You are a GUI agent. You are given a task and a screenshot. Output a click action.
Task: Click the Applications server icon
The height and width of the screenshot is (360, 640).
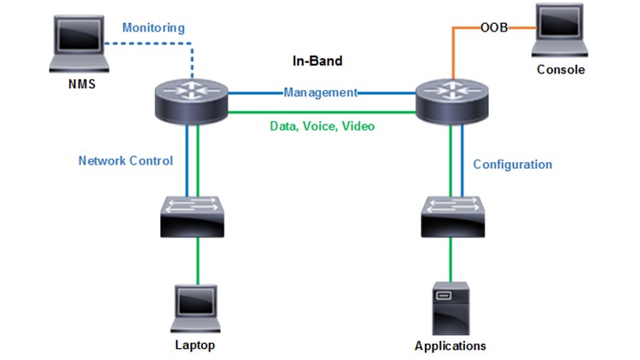(450, 308)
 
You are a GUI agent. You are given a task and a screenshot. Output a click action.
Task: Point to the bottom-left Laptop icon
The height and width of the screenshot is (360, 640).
(195, 309)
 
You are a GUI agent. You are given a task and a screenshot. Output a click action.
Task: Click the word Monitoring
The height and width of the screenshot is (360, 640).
(153, 28)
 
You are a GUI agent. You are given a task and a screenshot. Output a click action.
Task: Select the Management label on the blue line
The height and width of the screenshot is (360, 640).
(320, 92)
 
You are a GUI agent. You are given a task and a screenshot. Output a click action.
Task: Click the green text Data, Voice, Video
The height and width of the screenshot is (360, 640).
(322, 125)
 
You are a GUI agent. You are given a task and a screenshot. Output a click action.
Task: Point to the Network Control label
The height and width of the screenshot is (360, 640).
(125, 160)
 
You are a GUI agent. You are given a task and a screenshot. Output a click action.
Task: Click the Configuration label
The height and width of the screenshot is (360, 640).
(513, 164)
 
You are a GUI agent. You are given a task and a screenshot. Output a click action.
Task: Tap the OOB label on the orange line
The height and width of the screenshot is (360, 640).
(494, 27)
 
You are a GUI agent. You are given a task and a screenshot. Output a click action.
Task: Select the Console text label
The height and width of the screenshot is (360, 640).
(561, 70)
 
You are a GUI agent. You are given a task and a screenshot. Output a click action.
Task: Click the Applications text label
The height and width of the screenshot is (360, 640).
(450, 346)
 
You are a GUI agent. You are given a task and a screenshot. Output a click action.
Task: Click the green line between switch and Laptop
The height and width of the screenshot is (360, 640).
(198, 260)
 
